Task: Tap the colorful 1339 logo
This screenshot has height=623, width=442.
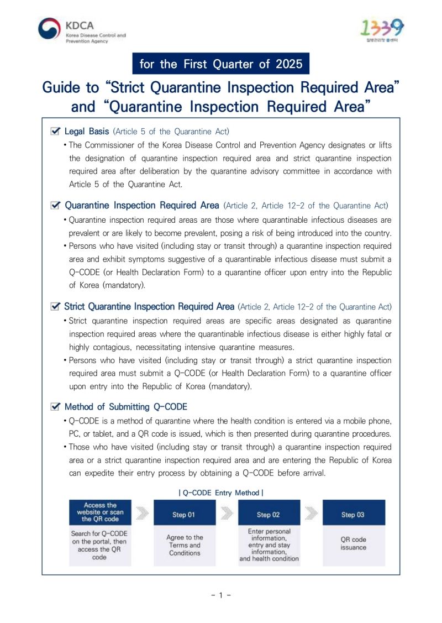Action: tap(382, 28)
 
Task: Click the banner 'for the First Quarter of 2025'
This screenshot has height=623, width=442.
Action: tap(221, 64)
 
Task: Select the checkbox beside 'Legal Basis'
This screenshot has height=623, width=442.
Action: tap(55, 132)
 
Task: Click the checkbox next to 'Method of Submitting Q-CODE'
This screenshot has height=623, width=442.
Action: tap(55, 407)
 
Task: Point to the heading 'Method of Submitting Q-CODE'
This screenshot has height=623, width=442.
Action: tap(126, 407)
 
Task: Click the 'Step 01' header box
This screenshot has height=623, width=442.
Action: tap(184, 515)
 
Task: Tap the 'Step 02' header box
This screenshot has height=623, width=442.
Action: tap(269, 515)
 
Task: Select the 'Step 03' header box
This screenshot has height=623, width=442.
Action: tap(353, 515)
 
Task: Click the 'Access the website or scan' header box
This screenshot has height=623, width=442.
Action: tap(100, 512)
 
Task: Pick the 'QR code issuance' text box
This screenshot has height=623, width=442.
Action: tap(353, 544)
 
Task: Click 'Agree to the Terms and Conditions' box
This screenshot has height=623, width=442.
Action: tap(184, 545)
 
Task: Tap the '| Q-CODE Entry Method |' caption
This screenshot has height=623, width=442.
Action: tap(221, 493)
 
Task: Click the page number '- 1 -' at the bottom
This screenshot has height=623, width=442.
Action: tap(221, 595)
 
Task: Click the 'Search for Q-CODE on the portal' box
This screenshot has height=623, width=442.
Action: tap(100, 545)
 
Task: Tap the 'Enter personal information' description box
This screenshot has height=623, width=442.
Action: tap(269, 545)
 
